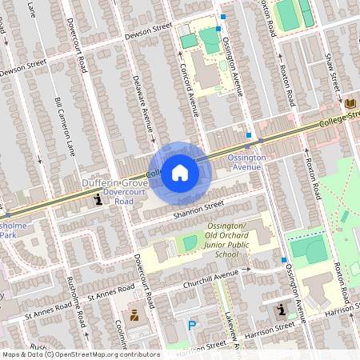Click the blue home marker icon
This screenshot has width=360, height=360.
pyautogui.click(x=180, y=173)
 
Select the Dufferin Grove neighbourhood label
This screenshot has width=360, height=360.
pyautogui.click(x=112, y=183)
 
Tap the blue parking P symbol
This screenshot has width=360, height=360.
pyautogui.click(x=190, y=325)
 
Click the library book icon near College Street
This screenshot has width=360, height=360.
pyautogui.click(x=350, y=103)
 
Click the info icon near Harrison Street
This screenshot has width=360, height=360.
pyautogui.click(x=280, y=310)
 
